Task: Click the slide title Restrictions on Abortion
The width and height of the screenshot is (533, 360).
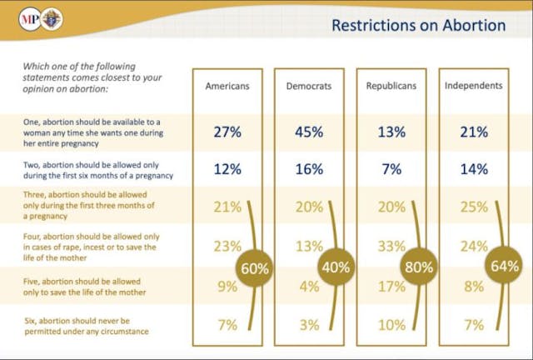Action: tap(418, 25)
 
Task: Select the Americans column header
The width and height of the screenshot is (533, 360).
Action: tap(227, 86)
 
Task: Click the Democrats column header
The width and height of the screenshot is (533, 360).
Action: tap(310, 86)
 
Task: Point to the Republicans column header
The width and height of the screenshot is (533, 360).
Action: tap(391, 86)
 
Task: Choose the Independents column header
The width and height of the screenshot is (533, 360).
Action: tap(473, 86)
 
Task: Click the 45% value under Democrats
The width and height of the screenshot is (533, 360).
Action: tap(310, 131)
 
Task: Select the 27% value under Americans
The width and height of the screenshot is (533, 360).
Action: tap(227, 131)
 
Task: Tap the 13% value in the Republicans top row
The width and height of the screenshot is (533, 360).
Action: tap(391, 131)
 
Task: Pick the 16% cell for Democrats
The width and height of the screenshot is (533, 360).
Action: tap(310, 169)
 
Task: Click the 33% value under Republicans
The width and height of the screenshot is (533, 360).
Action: tap(391, 246)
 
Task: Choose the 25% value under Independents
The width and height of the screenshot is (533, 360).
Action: tap(473, 207)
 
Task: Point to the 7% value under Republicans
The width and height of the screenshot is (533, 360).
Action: tap(391, 169)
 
